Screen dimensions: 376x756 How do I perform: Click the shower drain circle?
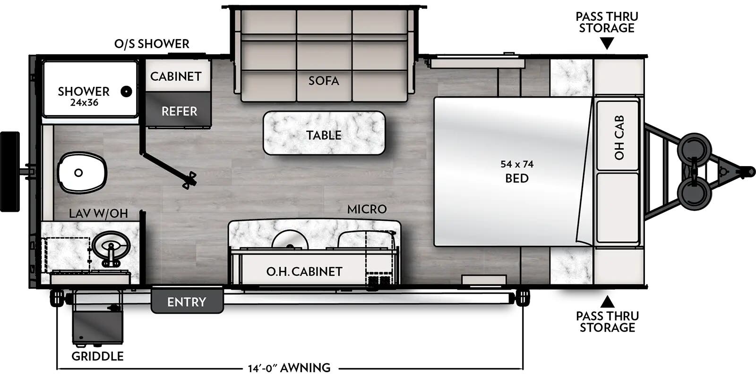pyautogui.click(x=126, y=92)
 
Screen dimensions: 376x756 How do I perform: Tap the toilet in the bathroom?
pyautogui.click(x=81, y=172)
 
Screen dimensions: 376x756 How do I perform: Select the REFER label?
pyautogui.click(x=179, y=111)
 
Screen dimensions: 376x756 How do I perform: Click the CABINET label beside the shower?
pyautogui.click(x=176, y=76)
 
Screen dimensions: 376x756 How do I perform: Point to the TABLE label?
pyautogui.click(x=324, y=135)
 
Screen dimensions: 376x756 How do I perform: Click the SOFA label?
pyautogui.click(x=324, y=81)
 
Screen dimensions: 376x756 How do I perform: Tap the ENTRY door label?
pyautogui.click(x=187, y=302)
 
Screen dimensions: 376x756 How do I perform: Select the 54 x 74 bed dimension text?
pyautogui.click(x=517, y=164)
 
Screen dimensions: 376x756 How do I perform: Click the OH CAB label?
pyautogui.click(x=619, y=137)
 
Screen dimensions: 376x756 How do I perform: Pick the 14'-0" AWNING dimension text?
pyautogui.click(x=289, y=368)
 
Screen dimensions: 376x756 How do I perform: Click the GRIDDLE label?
pyautogui.click(x=97, y=356)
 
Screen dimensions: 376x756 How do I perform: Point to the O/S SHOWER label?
pyautogui.click(x=152, y=44)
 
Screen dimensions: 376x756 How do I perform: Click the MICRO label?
pyautogui.click(x=367, y=209)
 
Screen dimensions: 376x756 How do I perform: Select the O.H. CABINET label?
pyautogui.click(x=304, y=272)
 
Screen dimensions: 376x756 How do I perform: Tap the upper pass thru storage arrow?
pyautogui.click(x=607, y=44)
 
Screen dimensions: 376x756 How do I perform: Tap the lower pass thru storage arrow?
pyautogui.click(x=607, y=301)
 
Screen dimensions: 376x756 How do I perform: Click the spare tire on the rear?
pyautogui.click(x=10, y=172)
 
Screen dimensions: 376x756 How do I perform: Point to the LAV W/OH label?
pyautogui.click(x=98, y=214)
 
